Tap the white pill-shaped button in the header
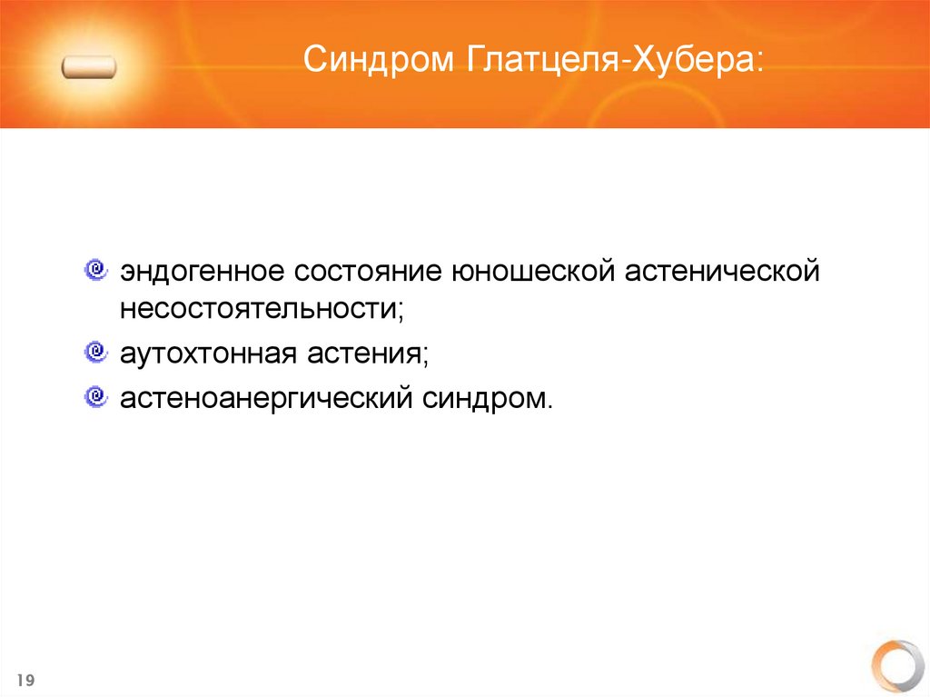[89, 67]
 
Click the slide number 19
[25, 681]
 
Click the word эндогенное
[191, 272]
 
